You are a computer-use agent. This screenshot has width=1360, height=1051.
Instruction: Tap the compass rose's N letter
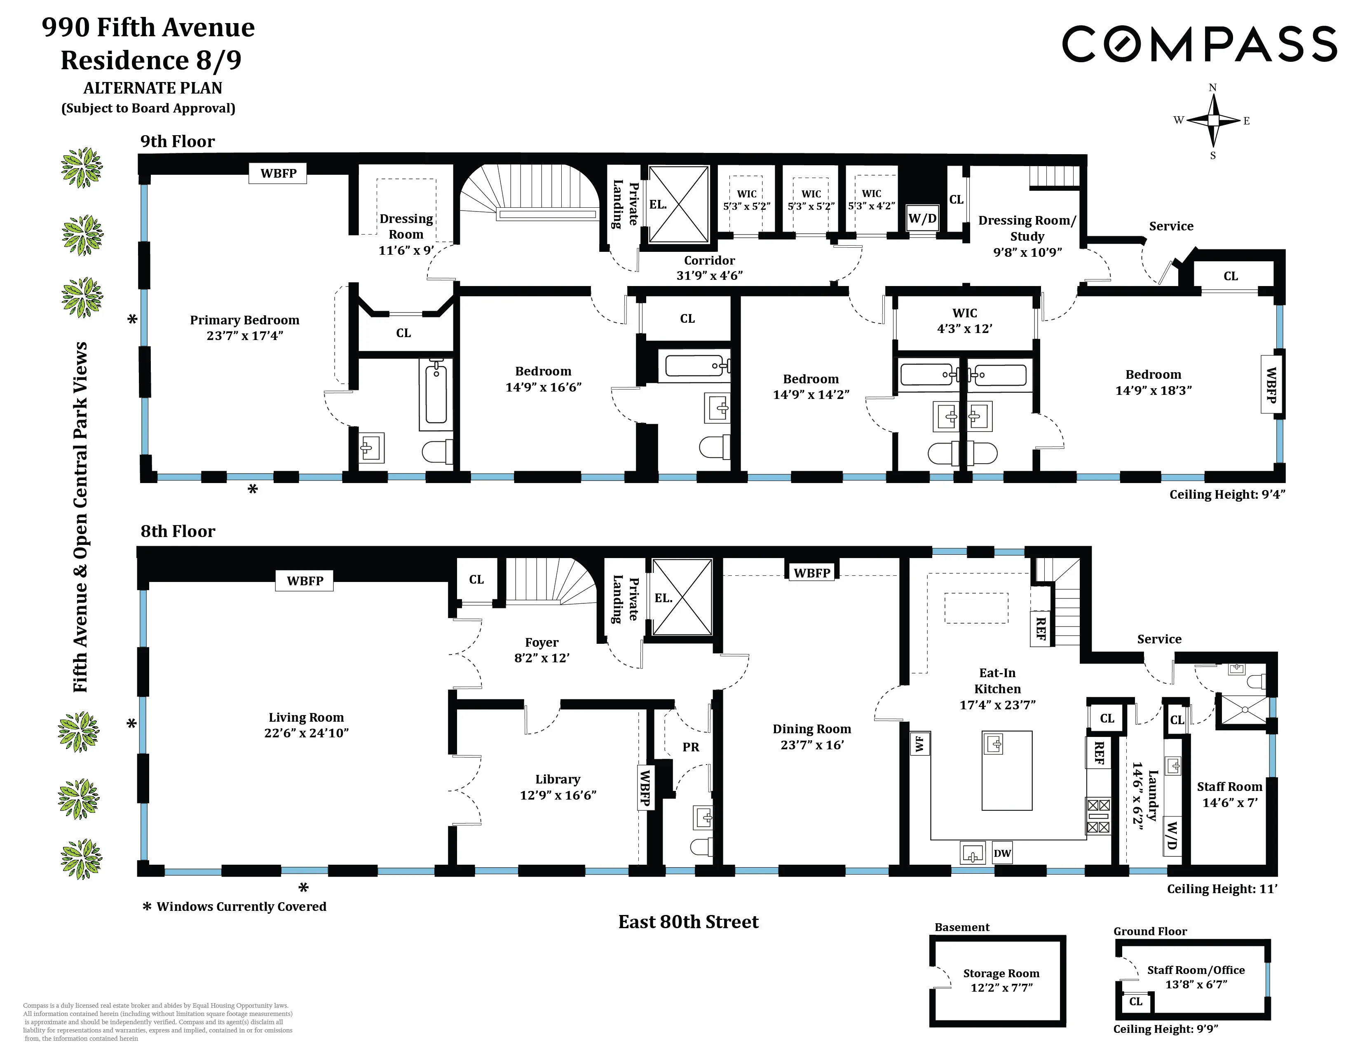[x=1212, y=88]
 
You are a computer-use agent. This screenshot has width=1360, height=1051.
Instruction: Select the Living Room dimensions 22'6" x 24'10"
[x=306, y=733]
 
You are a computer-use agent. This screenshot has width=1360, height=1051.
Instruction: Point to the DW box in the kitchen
[x=1002, y=853]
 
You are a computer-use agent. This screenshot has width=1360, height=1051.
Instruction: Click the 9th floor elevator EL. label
[x=658, y=204]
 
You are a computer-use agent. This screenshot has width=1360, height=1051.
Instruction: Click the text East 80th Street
[x=688, y=922]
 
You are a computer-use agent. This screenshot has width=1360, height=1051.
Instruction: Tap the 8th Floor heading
[x=178, y=531]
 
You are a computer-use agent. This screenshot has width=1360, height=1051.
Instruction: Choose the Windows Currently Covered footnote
[x=241, y=907]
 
